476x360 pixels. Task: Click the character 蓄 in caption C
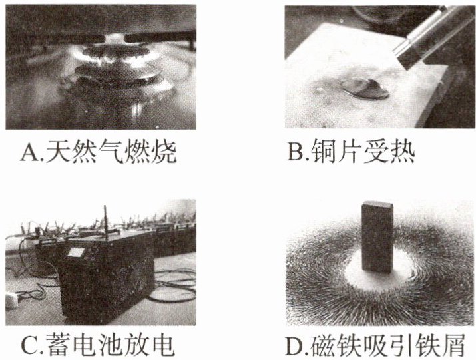click(60, 346)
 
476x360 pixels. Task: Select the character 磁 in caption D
click(323, 346)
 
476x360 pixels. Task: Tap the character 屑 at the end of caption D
click(452, 346)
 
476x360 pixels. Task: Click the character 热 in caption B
click(403, 152)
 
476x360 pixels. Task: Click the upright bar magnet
click(377, 237)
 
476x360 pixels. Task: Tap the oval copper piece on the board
click(365, 89)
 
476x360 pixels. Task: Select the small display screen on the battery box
click(76, 252)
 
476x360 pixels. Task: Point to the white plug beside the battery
click(11, 299)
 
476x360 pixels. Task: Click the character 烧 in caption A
click(164, 152)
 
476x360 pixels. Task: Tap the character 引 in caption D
click(400, 346)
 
